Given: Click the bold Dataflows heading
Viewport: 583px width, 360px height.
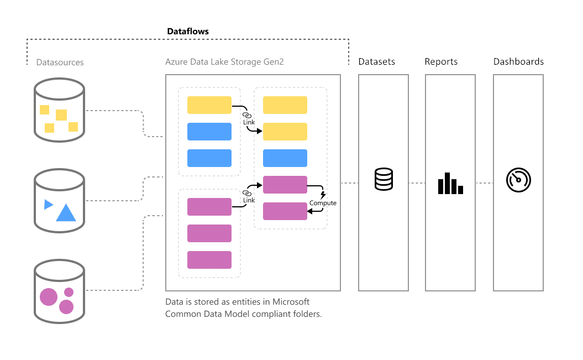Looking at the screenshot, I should (x=188, y=32).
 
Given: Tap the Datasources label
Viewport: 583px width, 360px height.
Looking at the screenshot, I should (x=60, y=62).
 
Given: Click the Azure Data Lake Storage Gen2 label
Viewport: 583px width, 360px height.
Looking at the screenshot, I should (x=224, y=62).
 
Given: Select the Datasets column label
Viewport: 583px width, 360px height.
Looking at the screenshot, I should (x=377, y=61).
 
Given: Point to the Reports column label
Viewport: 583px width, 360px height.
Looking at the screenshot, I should (x=441, y=61).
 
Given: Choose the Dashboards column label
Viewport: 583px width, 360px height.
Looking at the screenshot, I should (x=518, y=61).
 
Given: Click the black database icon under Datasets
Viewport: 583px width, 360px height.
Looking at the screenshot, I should (x=384, y=179).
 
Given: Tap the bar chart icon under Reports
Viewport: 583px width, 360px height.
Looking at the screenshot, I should (x=450, y=184).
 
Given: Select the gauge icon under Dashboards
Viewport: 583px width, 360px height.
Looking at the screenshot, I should (x=518, y=180).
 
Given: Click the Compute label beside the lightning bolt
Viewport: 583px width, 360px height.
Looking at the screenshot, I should (x=323, y=203).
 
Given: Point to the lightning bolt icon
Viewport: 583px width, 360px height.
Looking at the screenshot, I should (x=323, y=195).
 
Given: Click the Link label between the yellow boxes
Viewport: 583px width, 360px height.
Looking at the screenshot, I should (x=249, y=122).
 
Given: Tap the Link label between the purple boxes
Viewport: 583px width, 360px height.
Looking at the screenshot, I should (x=249, y=200).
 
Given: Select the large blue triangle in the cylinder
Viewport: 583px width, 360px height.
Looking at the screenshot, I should (x=66, y=213).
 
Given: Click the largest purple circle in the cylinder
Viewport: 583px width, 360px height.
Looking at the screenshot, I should (x=49, y=297).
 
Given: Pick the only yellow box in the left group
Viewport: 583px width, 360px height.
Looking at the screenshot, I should (x=209, y=105).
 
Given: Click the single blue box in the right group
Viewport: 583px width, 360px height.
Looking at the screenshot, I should (x=285, y=158).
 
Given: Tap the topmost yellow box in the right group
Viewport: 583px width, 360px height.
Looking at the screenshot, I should (x=285, y=105).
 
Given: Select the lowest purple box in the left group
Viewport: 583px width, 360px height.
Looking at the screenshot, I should (x=209, y=260).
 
